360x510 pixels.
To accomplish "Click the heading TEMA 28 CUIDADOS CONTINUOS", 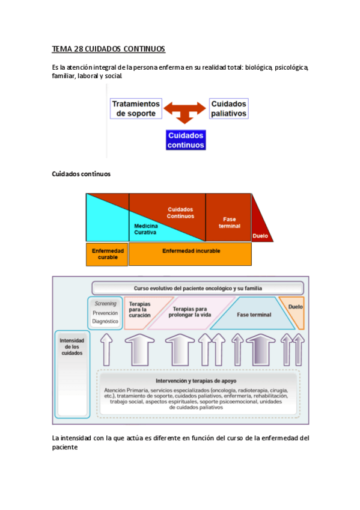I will tap(109, 49).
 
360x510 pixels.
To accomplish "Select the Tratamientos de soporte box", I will tap(136, 108).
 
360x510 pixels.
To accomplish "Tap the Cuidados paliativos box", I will tap(228, 108).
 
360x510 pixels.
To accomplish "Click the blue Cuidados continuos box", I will tap(186, 140).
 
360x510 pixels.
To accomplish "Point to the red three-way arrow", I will tap(185, 112).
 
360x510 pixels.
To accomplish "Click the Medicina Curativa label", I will tap(146, 229).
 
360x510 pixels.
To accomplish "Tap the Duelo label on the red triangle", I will tap(261, 236).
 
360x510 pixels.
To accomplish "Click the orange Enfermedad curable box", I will tap(107, 254).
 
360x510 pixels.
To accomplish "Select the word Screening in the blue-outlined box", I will tap(105, 304).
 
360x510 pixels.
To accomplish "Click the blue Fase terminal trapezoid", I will tap(251, 315).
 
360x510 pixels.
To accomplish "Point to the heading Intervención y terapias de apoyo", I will tap(196, 381).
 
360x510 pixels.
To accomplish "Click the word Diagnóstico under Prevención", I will tap(105, 321).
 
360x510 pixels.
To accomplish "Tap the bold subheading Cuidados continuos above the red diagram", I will tap(82, 174).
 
